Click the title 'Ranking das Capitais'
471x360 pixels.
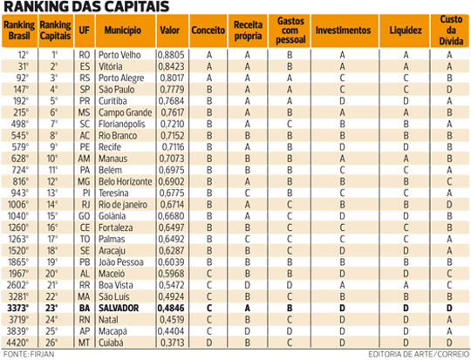[86, 7]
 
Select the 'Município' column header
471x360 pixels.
[123, 31]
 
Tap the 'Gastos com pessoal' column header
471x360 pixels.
[290, 31]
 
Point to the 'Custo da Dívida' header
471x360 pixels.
[451, 31]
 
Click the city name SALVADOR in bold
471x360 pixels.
[119, 308]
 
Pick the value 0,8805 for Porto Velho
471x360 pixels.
[171, 55]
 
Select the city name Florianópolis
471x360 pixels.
[121, 124]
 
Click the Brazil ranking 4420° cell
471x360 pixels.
[18, 343]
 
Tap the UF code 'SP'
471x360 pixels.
[85, 90]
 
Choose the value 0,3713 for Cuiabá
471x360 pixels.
[172, 343]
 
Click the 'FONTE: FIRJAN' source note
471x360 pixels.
[29, 354]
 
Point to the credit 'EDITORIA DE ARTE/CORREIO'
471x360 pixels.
[419, 354]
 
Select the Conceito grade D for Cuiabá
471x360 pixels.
[209, 343]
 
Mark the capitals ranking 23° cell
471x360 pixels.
[51, 308]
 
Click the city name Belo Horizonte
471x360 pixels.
[126, 181]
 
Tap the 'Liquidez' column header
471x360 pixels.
[406, 31]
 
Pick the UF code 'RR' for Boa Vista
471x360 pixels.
[85, 285]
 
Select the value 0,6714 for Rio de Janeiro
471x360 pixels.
[172, 205]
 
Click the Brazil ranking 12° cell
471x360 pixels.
[24, 55]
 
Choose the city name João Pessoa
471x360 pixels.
[121, 262]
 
